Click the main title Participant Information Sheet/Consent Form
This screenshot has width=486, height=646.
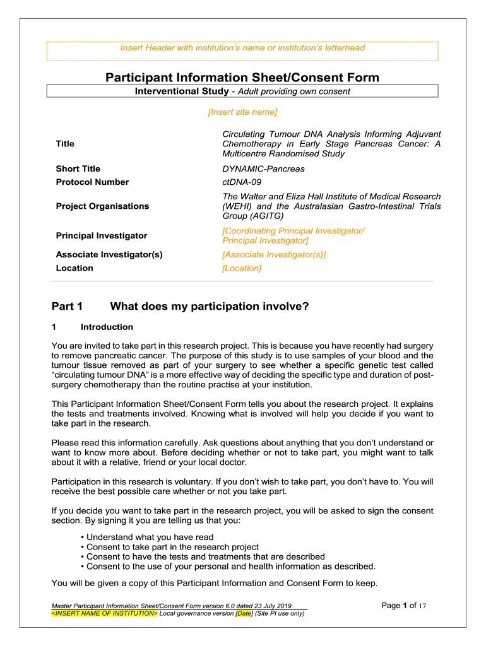pos(242,78)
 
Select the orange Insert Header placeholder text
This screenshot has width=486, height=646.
pos(242,48)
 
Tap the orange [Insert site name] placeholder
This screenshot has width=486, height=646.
pos(242,112)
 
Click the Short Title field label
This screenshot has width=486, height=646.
pos(78,169)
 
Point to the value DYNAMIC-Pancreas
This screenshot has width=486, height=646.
pos(263,169)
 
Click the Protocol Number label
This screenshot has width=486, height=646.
pos(92,182)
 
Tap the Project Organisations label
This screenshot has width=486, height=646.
pos(102,206)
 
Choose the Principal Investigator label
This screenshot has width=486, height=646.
pos(101,235)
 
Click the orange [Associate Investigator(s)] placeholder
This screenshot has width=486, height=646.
pos(274,255)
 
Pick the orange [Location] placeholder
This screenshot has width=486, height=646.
pos(242,268)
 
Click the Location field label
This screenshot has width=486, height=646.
pos(74,268)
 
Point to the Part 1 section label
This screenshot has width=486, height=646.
pos(67,307)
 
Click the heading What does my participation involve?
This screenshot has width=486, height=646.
pos(209,307)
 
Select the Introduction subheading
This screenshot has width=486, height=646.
pos(107,327)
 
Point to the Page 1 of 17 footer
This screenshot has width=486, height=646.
pos(405,606)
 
